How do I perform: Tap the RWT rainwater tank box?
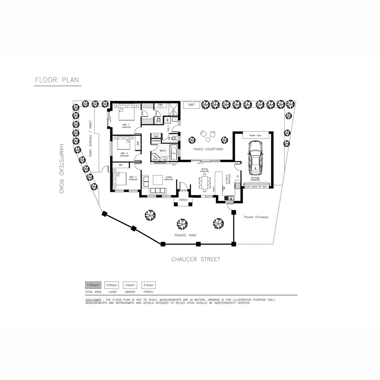point(191,105)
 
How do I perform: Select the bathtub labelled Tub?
point(174,154)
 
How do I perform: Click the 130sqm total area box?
point(93,285)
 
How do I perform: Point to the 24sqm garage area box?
point(130,285)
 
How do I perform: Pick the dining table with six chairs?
point(205,182)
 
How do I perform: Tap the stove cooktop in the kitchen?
point(237,185)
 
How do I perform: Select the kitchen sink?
point(229,198)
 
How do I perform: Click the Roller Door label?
point(255,135)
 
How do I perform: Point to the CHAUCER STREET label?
point(196,260)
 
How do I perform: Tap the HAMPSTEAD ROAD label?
point(61,169)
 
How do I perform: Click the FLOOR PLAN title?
point(57,80)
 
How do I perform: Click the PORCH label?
point(183,200)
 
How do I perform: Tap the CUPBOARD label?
point(156,141)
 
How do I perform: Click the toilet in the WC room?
point(175,139)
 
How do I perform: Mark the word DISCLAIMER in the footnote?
point(93,300)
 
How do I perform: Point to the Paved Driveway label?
point(256,217)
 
